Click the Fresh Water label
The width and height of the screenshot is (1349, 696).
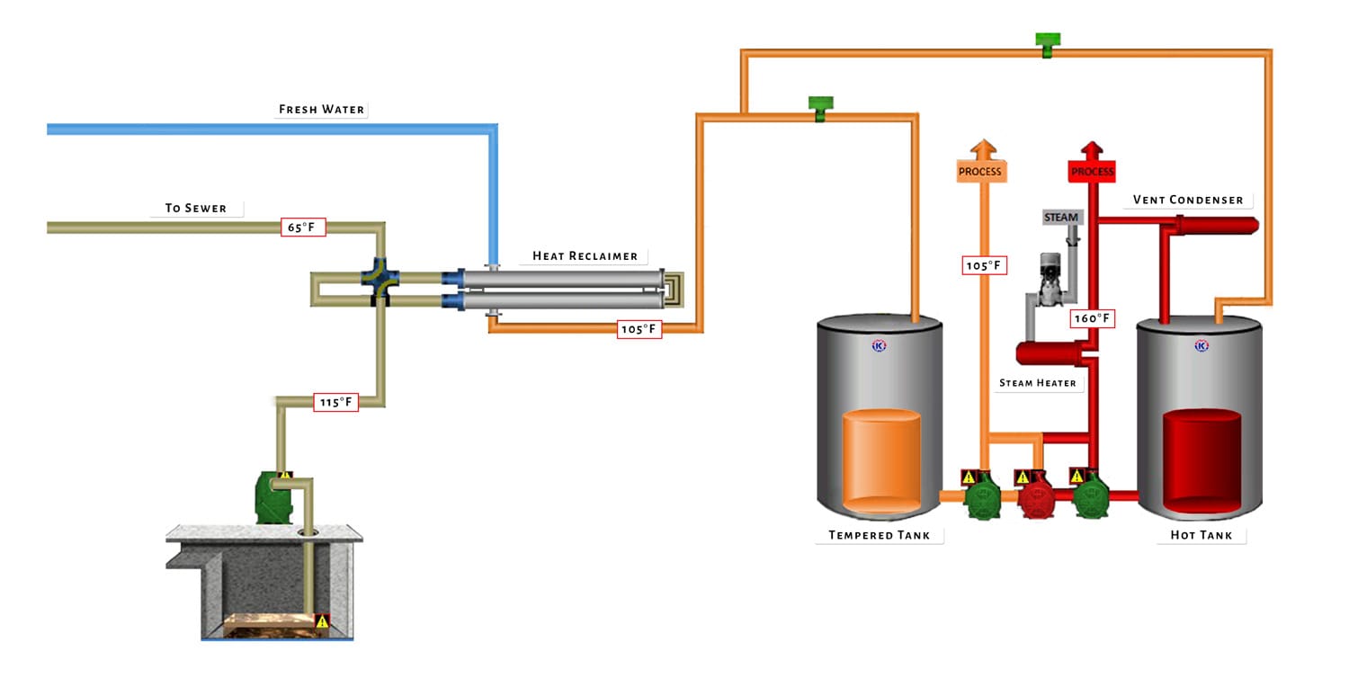click(x=321, y=110)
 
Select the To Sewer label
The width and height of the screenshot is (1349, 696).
click(x=195, y=208)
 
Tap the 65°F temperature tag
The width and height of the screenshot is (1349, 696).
click(x=302, y=228)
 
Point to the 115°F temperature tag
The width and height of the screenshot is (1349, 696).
click(x=335, y=402)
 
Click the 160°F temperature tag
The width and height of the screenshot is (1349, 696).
click(x=1093, y=318)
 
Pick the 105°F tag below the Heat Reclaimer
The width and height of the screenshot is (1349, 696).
click(x=639, y=329)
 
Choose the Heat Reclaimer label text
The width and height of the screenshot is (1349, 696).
click(x=585, y=256)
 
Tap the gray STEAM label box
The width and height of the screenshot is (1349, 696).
click(x=1061, y=218)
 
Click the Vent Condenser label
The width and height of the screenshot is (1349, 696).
click(x=1187, y=200)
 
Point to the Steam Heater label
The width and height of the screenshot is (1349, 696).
click(x=1037, y=383)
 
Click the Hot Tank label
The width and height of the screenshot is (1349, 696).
click(x=1201, y=536)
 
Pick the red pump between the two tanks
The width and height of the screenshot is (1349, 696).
click(x=1036, y=496)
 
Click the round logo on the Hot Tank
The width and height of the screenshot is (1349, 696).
click(x=1201, y=345)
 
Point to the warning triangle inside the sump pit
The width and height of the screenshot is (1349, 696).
click(x=322, y=621)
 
